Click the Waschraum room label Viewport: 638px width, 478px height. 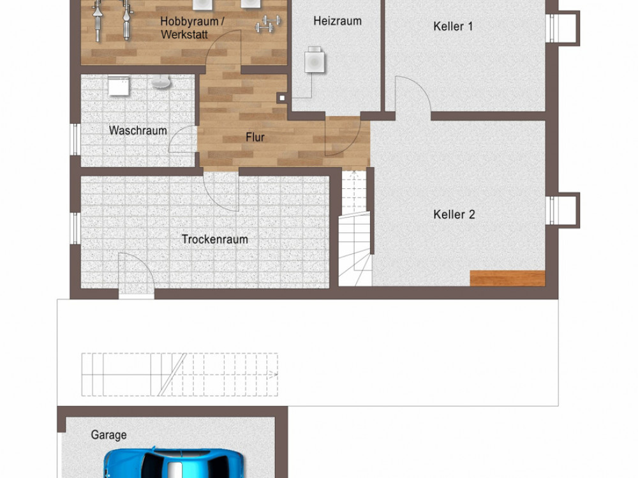click(138, 131)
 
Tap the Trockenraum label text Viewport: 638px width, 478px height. click(215, 239)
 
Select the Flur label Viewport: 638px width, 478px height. click(255, 137)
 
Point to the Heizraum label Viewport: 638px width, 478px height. click(338, 21)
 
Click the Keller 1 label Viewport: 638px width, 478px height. click(453, 26)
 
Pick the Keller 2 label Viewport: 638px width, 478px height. click(454, 214)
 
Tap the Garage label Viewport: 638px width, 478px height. click(108, 435)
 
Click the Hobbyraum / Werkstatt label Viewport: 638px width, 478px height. click(191, 27)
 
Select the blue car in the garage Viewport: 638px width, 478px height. click(174, 463)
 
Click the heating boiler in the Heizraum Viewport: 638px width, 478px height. click(315, 60)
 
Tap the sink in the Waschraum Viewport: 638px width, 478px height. click(161, 83)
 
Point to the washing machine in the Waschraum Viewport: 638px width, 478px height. click(119, 86)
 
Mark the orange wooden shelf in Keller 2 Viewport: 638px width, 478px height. click(507, 278)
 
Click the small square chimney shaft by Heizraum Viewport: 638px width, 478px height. click(281, 98)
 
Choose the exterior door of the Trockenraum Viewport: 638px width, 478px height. click(137, 272)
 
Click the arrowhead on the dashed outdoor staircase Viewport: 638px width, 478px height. click(274, 375)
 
